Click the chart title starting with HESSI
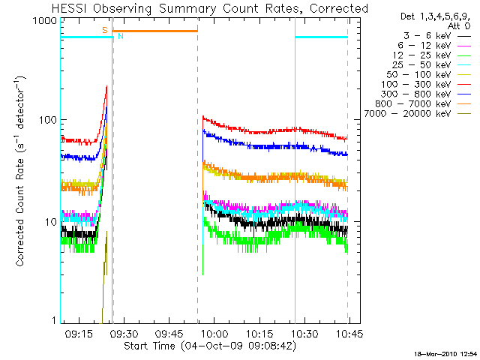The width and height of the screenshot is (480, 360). tap(199, 8)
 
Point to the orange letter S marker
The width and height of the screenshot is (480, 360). tap(104, 30)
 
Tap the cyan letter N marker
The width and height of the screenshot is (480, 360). tap(120, 36)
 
